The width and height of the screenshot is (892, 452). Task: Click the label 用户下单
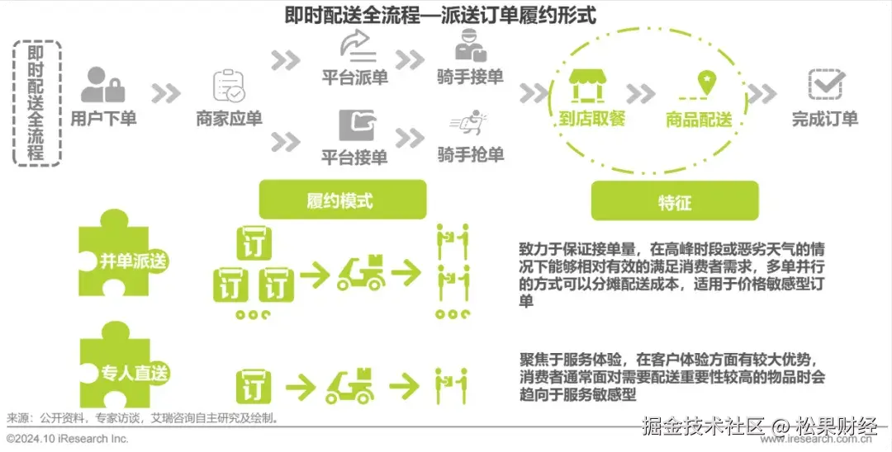pyautogui.click(x=103, y=118)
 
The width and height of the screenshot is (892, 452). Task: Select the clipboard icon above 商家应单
pyautogui.click(x=228, y=85)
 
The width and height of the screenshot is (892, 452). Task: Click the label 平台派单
pyautogui.click(x=354, y=78)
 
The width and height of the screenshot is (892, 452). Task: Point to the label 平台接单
pyautogui.click(x=354, y=156)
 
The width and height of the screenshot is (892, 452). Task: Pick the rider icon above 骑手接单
pyautogui.click(x=470, y=45)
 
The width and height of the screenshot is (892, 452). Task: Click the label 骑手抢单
pyautogui.click(x=470, y=154)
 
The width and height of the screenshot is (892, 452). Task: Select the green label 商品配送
pyautogui.click(x=699, y=120)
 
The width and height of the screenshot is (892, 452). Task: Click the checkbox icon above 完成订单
pyautogui.click(x=825, y=84)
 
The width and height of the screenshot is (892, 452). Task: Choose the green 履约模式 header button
pyautogui.click(x=342, y=201)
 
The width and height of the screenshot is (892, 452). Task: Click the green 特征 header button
pyautogui.click(x=674, y=202)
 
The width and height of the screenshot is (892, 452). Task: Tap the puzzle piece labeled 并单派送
pyautogui.click(x=124, y=260)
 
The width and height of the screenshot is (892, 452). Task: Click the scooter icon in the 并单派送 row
pyautogui.click(x=361, y=272)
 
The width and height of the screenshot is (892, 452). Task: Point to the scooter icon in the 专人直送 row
pyautogui.click(x=349, y=384)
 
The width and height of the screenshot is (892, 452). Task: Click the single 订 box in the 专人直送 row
pyautogui.click(x=254, y=385)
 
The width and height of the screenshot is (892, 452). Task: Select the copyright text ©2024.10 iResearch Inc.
pyautogui.click(x=68, y=439)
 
